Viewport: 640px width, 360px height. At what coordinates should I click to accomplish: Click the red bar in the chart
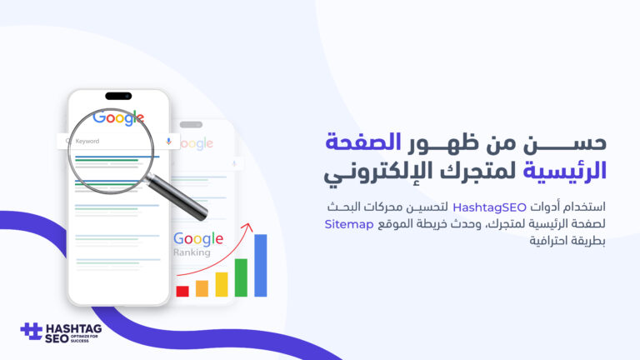pos(182,291)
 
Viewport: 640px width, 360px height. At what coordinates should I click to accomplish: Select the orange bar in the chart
pos(202,288)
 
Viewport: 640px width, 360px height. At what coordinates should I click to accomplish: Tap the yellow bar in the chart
pos(222,284)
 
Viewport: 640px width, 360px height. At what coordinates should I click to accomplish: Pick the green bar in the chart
pos(241,277)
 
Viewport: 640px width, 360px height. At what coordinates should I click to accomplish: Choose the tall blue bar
pos(260,265)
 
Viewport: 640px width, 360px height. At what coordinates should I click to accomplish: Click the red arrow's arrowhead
pos(247,227)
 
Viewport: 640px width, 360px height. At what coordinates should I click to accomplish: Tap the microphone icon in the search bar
pos(168,141)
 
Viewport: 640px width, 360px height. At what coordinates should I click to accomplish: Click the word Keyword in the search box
pos(87,141)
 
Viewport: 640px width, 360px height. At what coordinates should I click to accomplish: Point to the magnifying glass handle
pos(177,197)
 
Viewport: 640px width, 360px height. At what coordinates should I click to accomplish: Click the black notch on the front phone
pos(118,97)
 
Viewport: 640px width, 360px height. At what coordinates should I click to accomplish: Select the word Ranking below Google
pos(192,252)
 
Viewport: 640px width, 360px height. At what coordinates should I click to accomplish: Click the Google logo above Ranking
pos(198,239)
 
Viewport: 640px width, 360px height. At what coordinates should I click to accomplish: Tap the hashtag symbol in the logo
pos(32,331)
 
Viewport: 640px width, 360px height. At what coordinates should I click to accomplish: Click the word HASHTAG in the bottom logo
pos(74,328)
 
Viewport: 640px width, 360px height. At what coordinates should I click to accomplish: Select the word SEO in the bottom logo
pos(57,339)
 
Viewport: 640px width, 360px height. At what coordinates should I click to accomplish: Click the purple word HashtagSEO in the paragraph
pos(489,207)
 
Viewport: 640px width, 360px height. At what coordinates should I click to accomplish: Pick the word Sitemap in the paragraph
pos(349,224)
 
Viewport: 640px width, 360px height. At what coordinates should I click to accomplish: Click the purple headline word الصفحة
pos(362,142)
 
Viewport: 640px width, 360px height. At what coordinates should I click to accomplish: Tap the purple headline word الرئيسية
pos(565,171)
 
